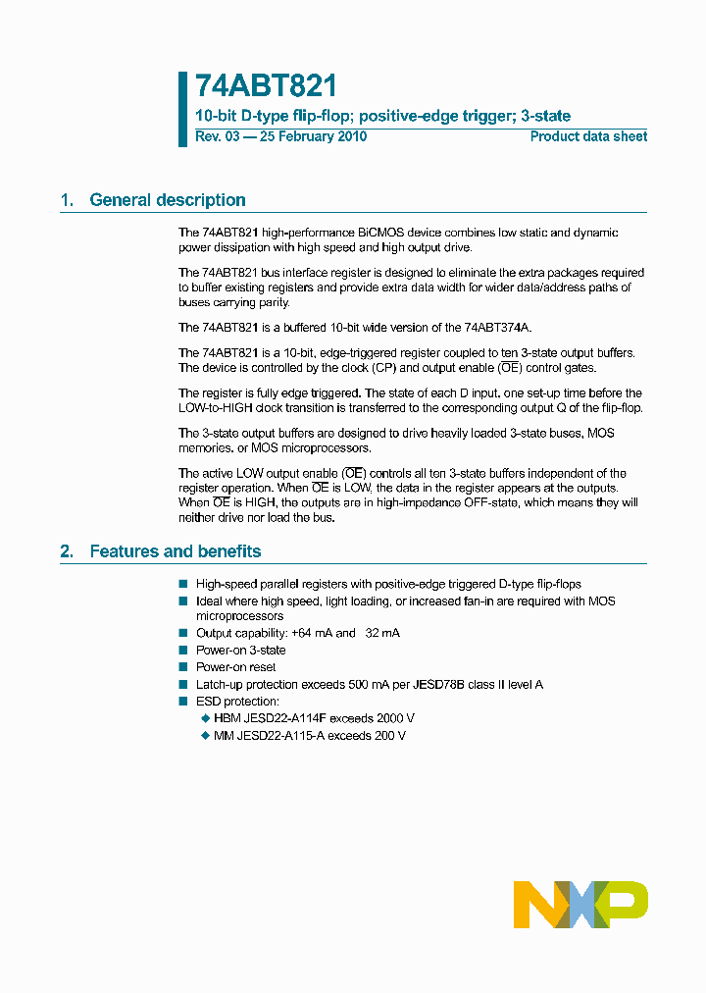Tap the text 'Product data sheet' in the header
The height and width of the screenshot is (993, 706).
tap(588, 137)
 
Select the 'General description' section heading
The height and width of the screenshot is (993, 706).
tap(167, 200)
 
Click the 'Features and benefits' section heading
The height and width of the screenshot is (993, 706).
tap(175, 551)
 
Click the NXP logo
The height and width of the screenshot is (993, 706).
tap(580, 905)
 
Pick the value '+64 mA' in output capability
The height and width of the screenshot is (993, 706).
tap(312, 633)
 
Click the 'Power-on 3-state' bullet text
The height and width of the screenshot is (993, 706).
tap(240, 651)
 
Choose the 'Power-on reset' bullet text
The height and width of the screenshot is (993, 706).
tap(235, 667)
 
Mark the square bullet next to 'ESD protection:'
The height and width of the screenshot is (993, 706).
tap(182, 702)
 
